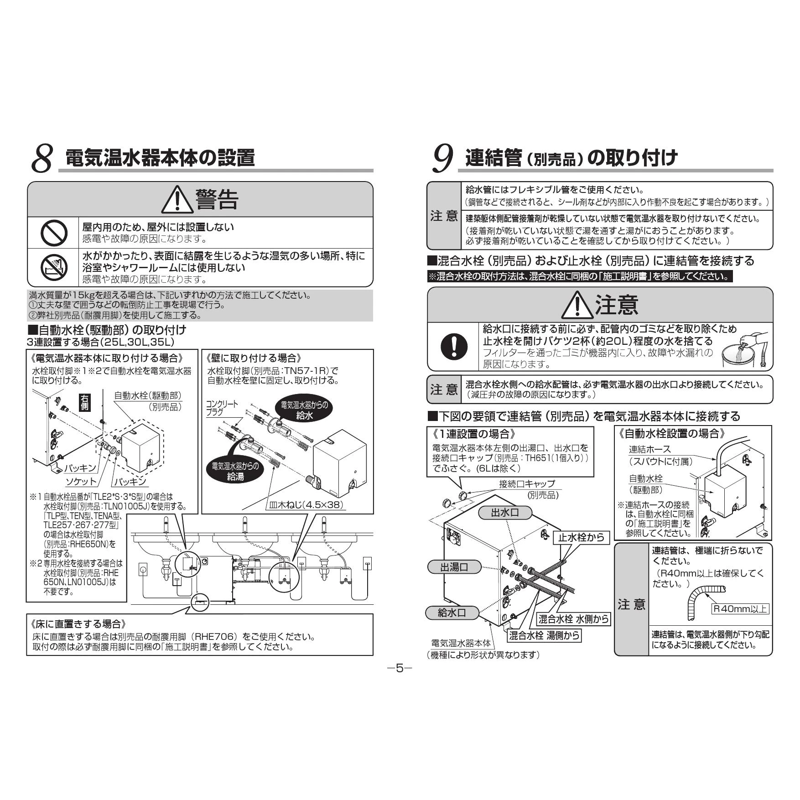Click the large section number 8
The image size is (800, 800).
tap(42, 159)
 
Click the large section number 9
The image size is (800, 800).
tap(442, 159)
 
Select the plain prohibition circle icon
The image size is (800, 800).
tap(54, 233)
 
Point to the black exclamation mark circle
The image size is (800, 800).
tap(454, 346)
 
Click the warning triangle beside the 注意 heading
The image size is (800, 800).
tap(577, 306)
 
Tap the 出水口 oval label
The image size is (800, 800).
tap(505, 513)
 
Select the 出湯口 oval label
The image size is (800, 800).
tap(454, 567)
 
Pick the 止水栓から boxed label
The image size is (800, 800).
tap(582, 538)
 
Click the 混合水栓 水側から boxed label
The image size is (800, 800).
tap(573, 618)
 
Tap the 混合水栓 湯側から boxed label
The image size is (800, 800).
tap(545, 635)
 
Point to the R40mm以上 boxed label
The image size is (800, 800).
tap(740, 608)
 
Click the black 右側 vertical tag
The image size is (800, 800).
tap(84, 402)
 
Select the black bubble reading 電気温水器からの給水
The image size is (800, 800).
tap(304, 410)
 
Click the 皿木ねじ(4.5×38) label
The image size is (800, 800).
tap(305, 505)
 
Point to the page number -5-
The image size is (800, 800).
tap(400, 668)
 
